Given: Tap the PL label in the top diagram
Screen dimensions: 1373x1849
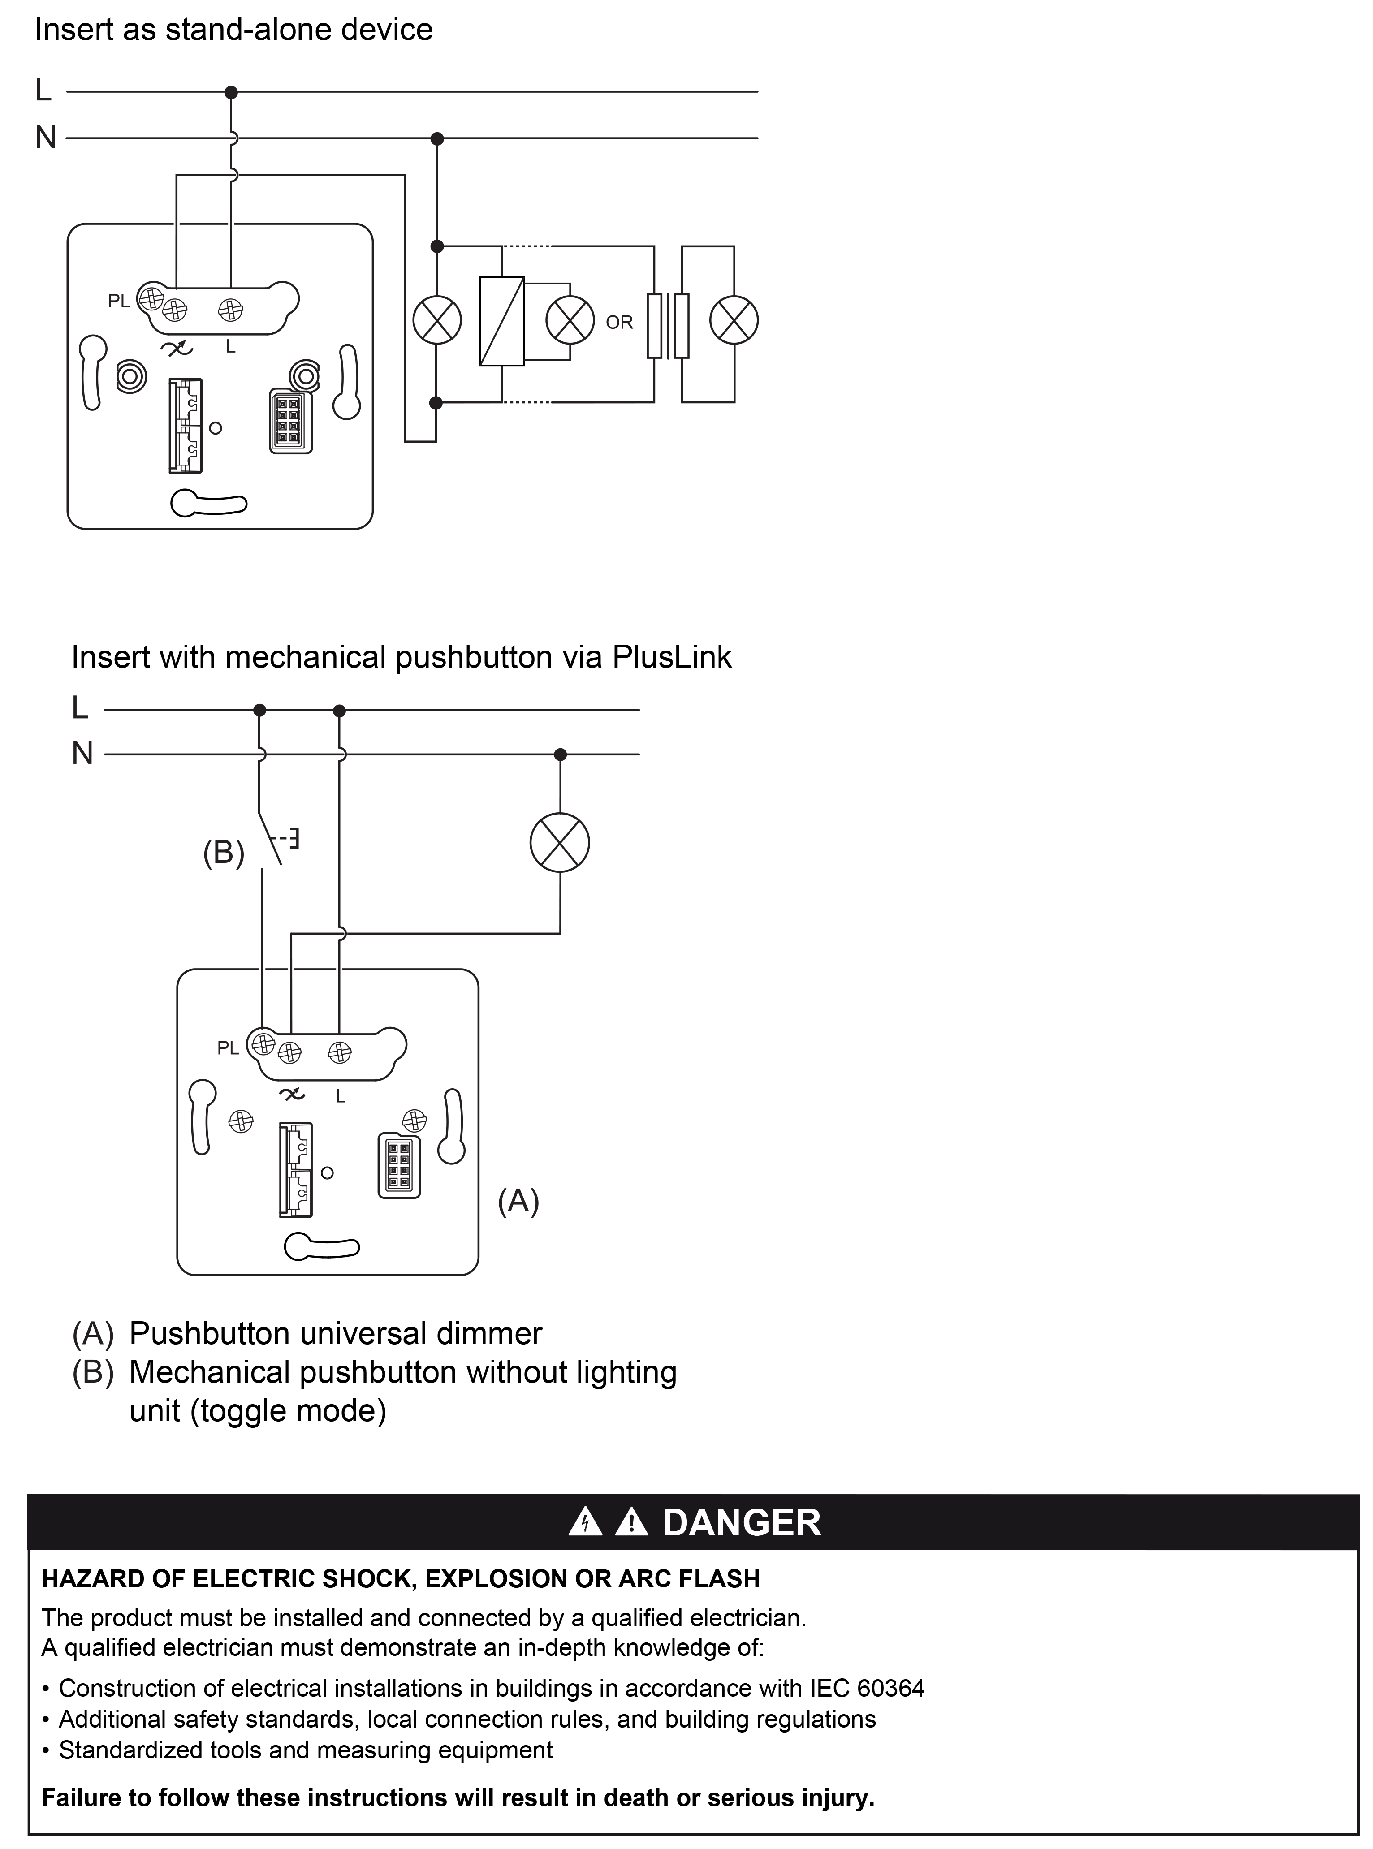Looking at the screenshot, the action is point(119,301).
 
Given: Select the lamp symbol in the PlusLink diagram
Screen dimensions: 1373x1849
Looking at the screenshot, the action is point(560,843).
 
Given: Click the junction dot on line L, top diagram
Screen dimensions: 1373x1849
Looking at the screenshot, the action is point(232,91).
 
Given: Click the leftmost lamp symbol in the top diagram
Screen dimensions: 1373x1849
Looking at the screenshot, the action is point(437,320).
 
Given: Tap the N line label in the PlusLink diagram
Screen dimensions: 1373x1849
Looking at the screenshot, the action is point(82,754).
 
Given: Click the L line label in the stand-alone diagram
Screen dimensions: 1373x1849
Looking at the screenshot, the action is point(43,90).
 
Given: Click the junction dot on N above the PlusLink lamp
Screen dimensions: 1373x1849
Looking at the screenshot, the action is point(560,754).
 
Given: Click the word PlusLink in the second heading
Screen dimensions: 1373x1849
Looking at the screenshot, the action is point(672,657).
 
